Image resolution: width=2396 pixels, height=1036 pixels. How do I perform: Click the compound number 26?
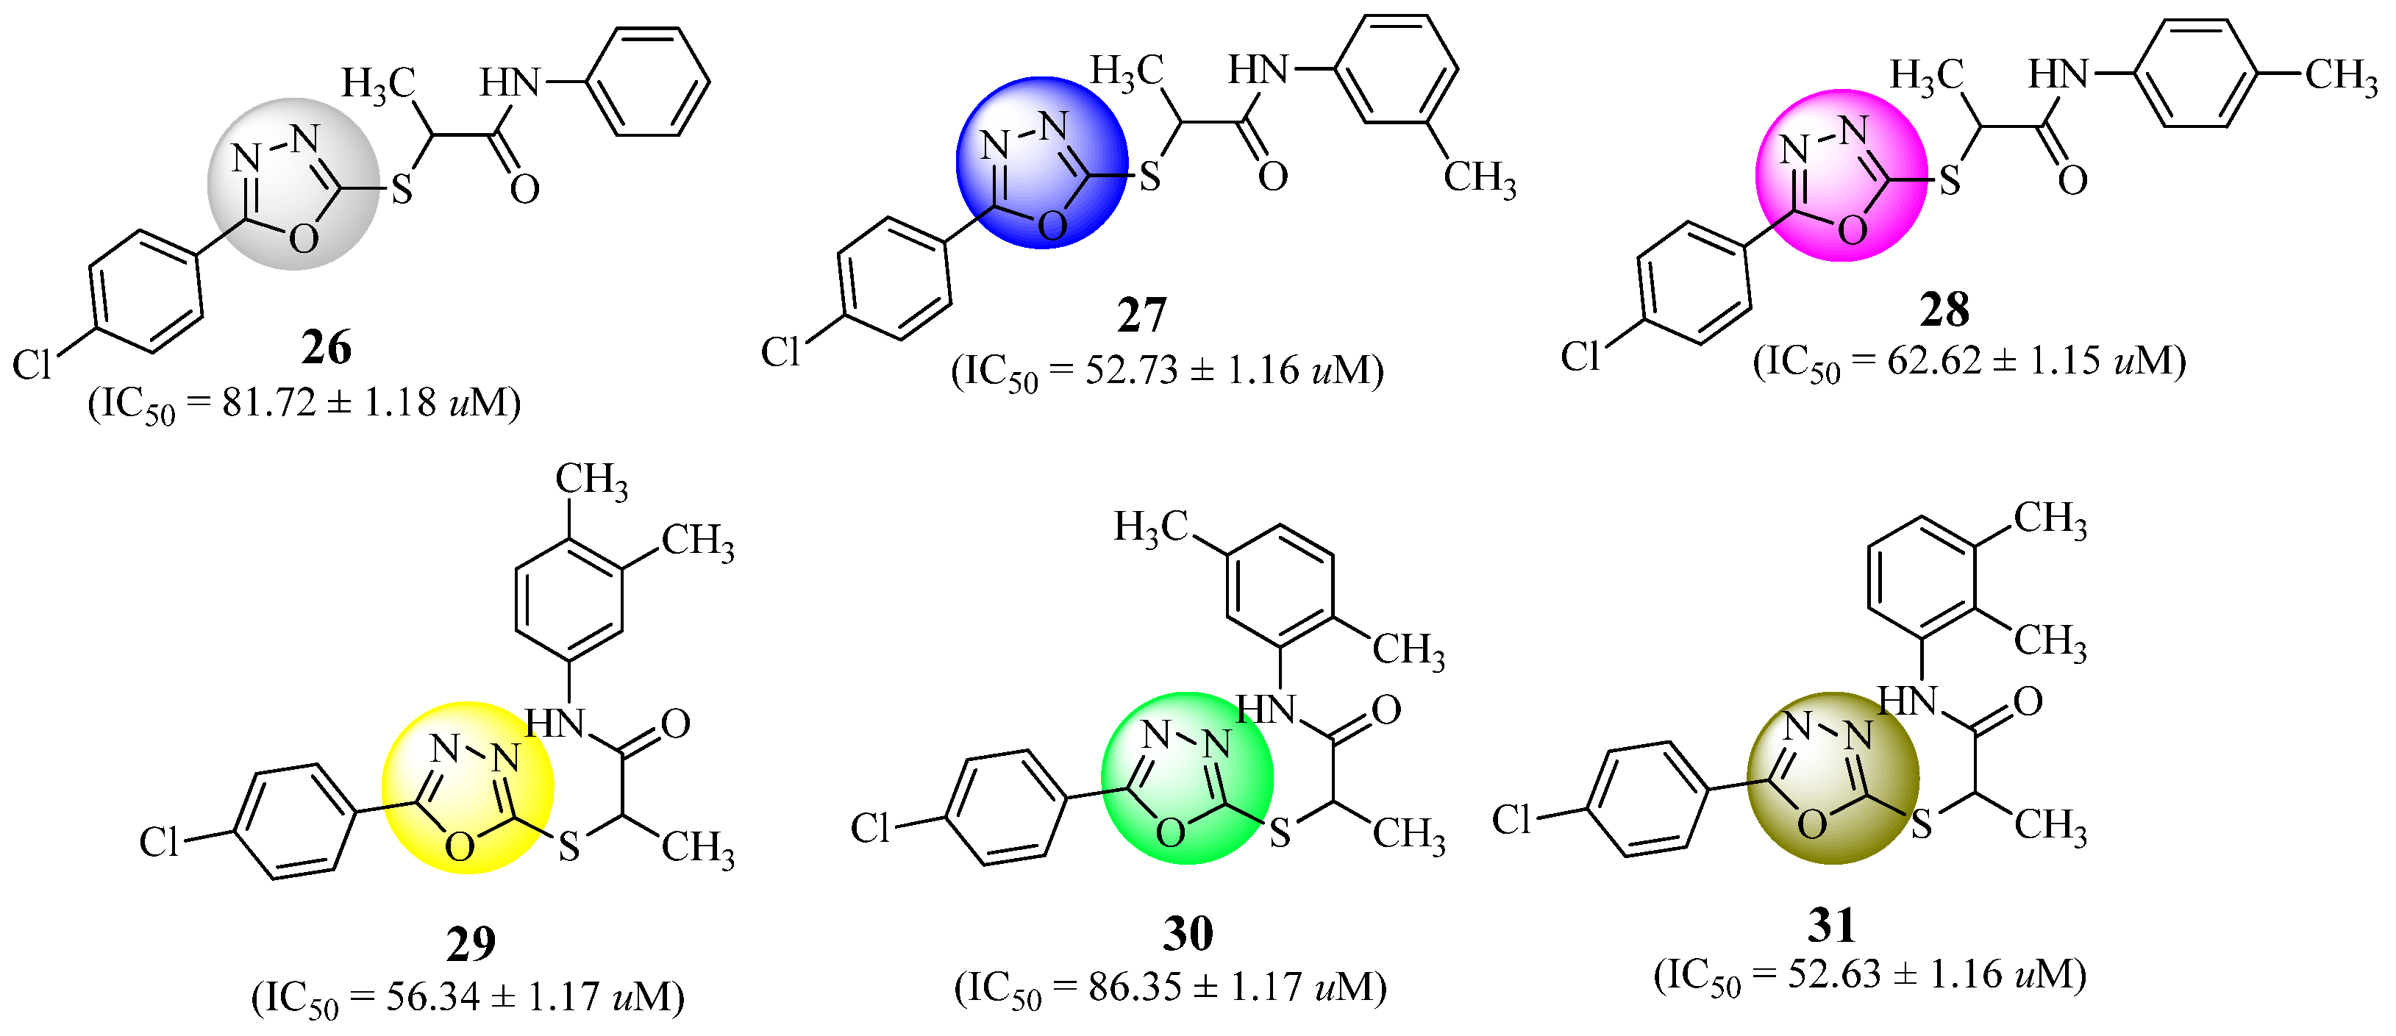(x=327, y=348)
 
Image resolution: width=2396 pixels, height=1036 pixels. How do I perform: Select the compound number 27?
(x=1141, y=315)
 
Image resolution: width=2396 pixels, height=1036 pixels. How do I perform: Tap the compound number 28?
(x=1944, y=310)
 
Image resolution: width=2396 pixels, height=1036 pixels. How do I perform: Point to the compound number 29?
(x=471, y=944)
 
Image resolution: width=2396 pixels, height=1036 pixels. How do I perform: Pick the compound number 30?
(x=1188, y=933)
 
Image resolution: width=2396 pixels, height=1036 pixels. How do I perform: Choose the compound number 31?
(x=1831, y=924)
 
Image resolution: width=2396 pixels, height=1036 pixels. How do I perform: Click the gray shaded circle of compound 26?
(x=293, y=184)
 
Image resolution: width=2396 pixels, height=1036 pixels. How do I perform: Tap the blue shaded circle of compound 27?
(x=1042, y=162)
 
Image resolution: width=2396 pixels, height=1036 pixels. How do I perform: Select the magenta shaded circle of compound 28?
(x=1841, y=176)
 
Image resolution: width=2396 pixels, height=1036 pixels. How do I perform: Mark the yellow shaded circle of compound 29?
(x=467, y=787)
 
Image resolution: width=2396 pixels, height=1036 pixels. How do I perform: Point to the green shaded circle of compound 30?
(x=1187, y=779)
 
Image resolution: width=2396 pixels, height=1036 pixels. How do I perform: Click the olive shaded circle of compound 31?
(x=1833, y=779)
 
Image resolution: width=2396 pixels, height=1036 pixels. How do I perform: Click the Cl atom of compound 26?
(x=32, y=365)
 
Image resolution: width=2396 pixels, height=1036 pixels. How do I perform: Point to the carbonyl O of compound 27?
(x=1272, y=176)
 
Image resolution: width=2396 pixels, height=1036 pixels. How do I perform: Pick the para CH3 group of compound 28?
(x=2340, y=75)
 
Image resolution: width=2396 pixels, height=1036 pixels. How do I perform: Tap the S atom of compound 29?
(x=568, y=846)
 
